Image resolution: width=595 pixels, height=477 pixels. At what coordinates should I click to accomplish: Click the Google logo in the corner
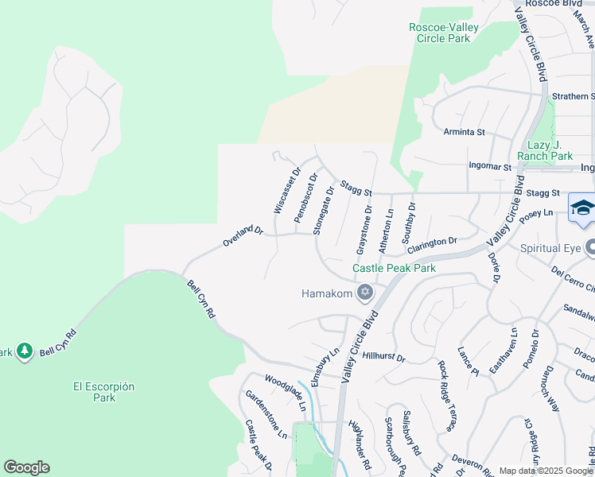tap(26, 467)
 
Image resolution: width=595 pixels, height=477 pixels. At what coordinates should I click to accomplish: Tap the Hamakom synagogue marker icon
tap(365, 293)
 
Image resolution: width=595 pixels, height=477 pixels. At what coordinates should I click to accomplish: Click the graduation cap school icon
tap(582, 208)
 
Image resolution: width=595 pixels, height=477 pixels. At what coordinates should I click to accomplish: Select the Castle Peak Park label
tap(395, 269)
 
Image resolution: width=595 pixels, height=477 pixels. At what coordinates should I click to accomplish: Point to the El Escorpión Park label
tap(103, 392)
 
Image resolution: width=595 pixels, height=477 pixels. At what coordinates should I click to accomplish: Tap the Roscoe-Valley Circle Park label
tap(444, 33)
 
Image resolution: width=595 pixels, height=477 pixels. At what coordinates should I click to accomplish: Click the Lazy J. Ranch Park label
tap(550, 150)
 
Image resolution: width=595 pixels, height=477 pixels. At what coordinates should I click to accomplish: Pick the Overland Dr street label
tap(243, 235)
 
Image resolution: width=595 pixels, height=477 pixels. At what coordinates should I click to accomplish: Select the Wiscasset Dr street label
tap(286, 191)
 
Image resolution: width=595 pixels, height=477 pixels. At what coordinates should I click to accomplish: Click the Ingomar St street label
tap(490, 167)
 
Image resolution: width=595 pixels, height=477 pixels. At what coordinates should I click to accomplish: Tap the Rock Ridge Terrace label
tap(446, 396)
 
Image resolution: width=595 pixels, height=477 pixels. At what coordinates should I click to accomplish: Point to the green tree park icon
tap(24, 351)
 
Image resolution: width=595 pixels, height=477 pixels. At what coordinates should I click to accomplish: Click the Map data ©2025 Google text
tap(546, 471)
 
